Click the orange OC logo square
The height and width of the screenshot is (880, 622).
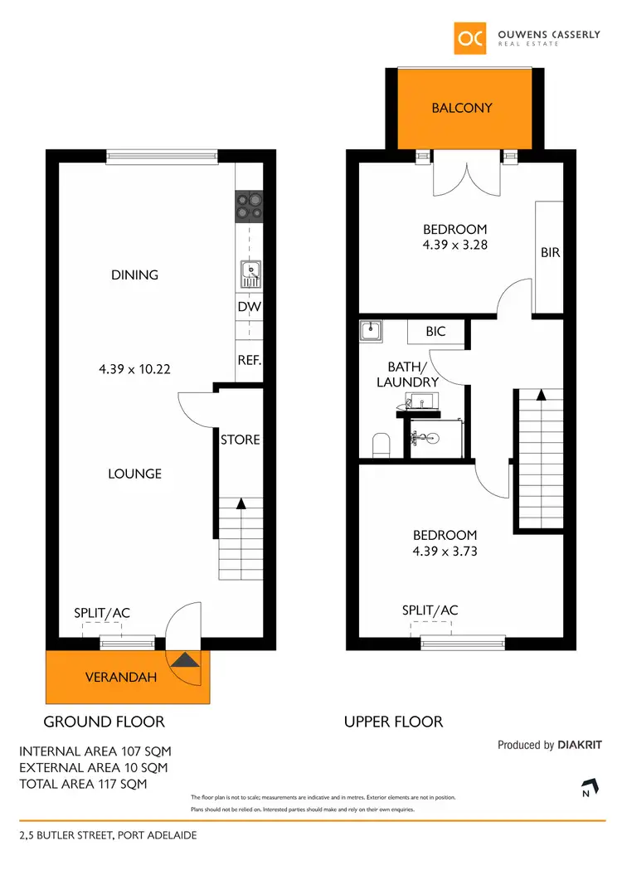click(470, 38)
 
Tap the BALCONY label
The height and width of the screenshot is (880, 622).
click(462, 108)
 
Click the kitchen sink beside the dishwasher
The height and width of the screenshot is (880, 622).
click(249, 273)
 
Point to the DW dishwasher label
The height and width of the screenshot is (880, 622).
click(249, 307)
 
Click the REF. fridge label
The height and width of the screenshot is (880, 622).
click(249, 361)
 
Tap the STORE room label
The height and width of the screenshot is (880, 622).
click(241, 440)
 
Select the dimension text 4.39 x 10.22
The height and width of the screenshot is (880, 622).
click(134, 369)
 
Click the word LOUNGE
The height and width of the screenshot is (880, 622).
click(134, 474)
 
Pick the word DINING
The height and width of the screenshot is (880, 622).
click(134, 275)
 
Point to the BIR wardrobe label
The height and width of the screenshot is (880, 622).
click(550, 252)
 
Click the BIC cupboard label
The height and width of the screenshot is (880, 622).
click(435, 331)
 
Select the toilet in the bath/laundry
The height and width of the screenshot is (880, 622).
click(381, 445)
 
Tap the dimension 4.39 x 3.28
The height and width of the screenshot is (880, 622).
click(454, 245)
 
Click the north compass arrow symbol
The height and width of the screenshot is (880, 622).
click(589, 785)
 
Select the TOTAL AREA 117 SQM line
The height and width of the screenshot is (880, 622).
click(83, 783)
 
